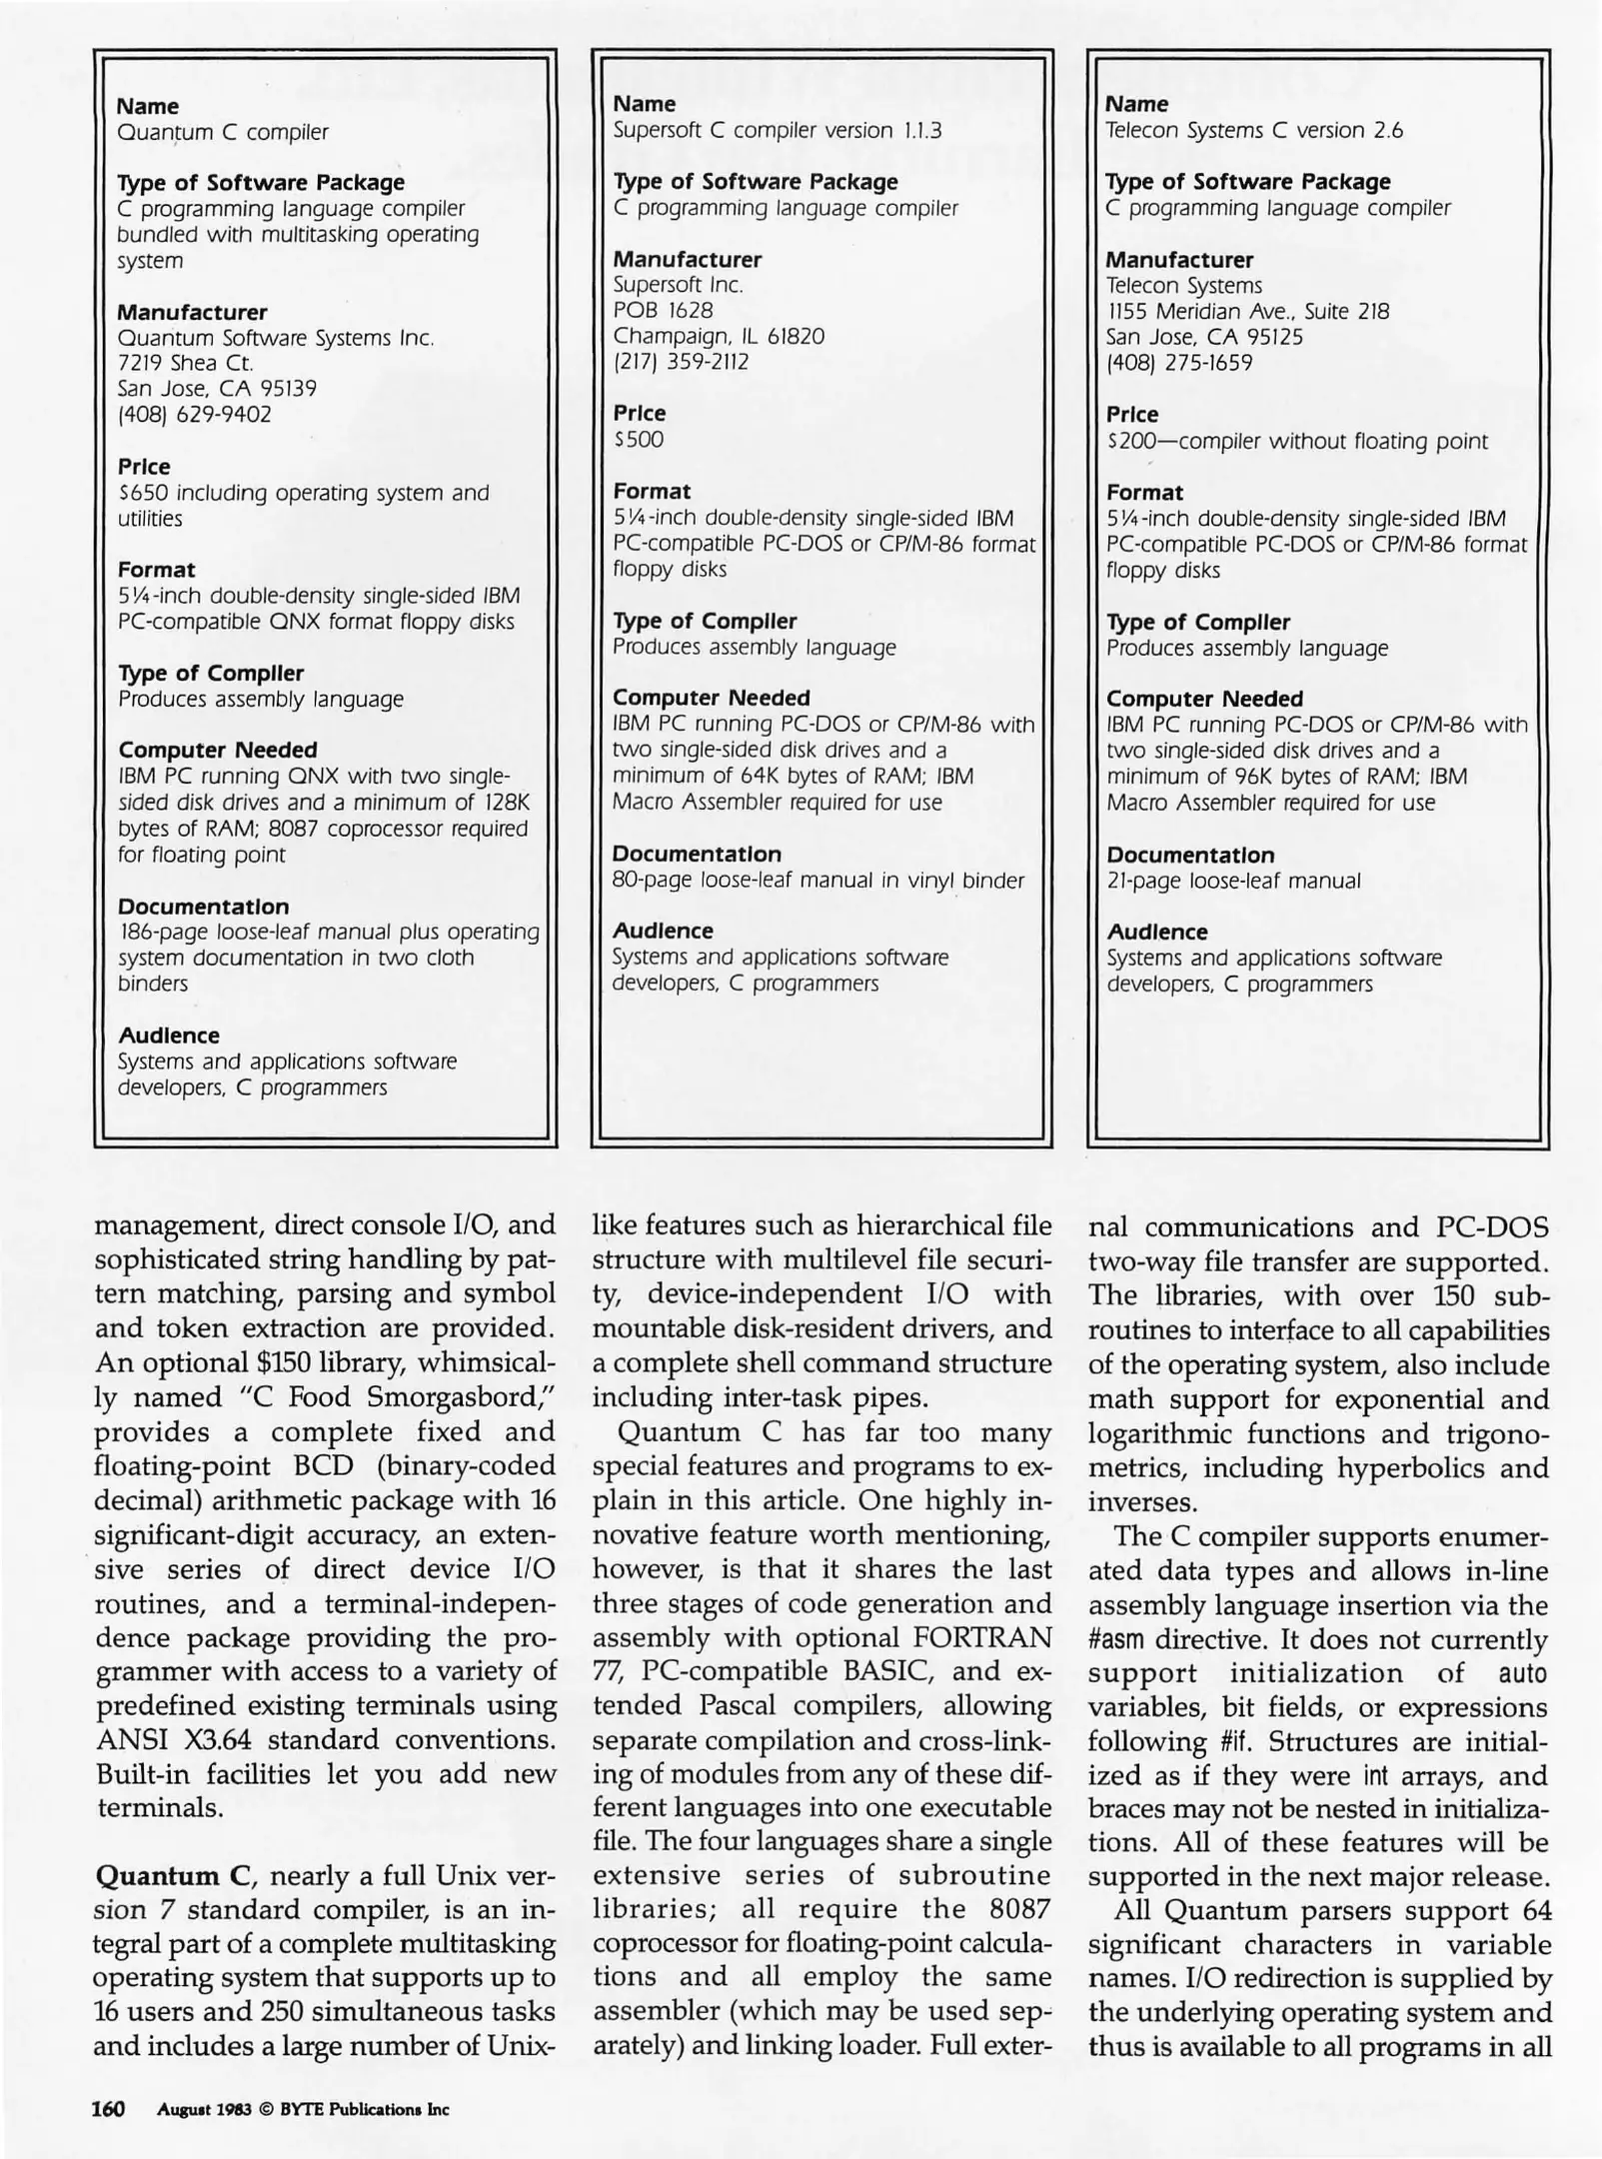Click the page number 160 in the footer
pyautogui.click(x=108, y=2109)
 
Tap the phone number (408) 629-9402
pyautogui.click(x=194, y=415)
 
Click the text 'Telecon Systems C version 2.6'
pyautogui.click(x=1253, y=131)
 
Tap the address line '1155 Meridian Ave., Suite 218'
pyautogui.click(x=1246, y=312)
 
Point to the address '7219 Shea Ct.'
pyautogui.click(x=185, y=363)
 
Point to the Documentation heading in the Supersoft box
pyautogui.click(x=696, y=855)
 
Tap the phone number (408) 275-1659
pyautogui.click(x=1178, y=364)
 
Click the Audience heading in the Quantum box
pyautogui.click(x=168, y=1036)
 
